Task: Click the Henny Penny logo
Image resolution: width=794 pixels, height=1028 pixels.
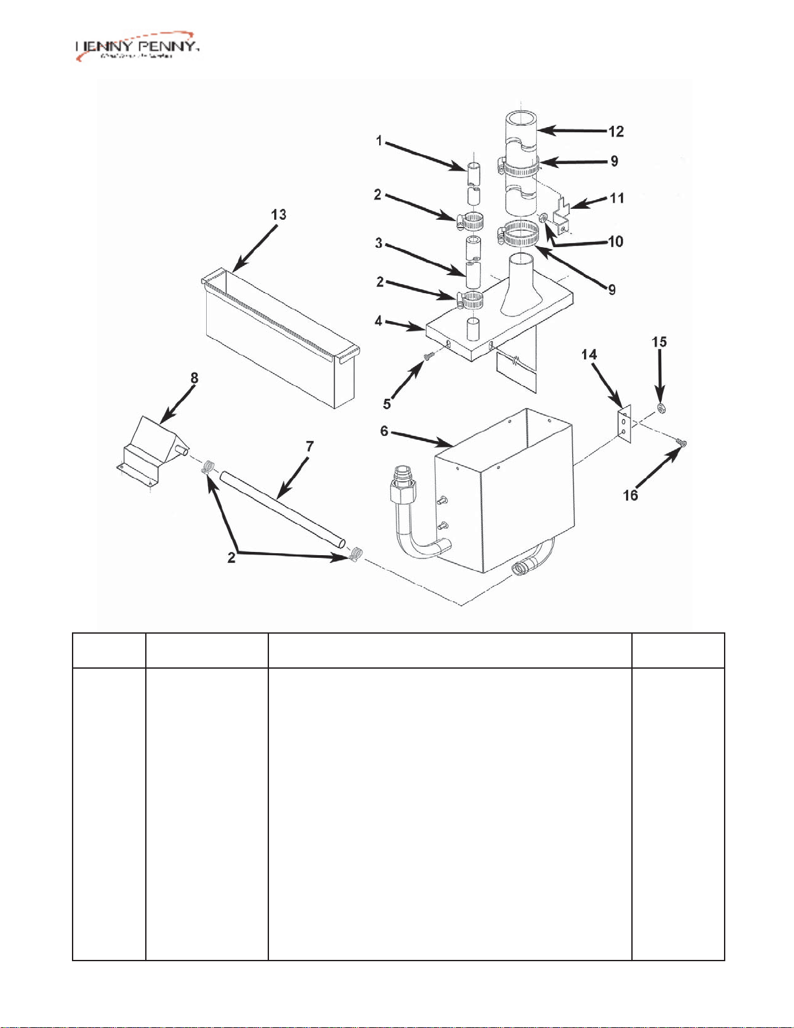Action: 137,47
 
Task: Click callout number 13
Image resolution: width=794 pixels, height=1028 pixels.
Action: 279,215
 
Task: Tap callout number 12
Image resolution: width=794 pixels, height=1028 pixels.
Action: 616,132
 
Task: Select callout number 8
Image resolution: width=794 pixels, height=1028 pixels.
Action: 194,378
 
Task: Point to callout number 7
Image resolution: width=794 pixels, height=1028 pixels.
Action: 310,446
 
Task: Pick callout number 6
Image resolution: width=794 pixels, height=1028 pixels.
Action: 384,431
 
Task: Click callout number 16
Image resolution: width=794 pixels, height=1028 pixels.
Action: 631,496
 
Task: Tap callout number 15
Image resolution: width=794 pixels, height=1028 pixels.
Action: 659,342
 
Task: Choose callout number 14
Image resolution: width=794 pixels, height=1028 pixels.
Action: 589,355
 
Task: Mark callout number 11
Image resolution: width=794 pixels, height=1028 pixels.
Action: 617,198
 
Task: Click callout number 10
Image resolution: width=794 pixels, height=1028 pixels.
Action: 616,242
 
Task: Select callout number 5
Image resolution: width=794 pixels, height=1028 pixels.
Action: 387,403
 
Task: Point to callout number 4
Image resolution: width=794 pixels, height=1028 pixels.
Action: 379,321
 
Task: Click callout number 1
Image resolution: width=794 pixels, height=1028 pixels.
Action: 379,141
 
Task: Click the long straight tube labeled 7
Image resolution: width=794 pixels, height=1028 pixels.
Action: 282,512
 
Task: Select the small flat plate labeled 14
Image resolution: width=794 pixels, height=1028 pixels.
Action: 624,424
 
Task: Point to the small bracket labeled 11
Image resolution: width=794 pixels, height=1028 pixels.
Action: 563,217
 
